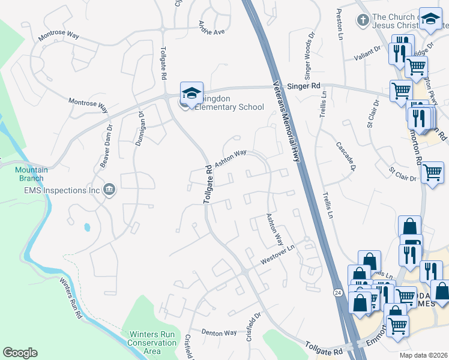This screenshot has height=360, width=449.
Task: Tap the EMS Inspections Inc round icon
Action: [109, 190]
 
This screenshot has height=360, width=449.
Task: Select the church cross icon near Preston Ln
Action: [363, 21]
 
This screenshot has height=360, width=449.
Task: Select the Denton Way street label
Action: [219, 332]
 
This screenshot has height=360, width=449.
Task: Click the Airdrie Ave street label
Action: [211, 28]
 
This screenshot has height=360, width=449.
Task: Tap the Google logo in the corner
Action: [20, 353]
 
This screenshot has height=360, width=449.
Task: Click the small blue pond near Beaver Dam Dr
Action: [88, 227]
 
